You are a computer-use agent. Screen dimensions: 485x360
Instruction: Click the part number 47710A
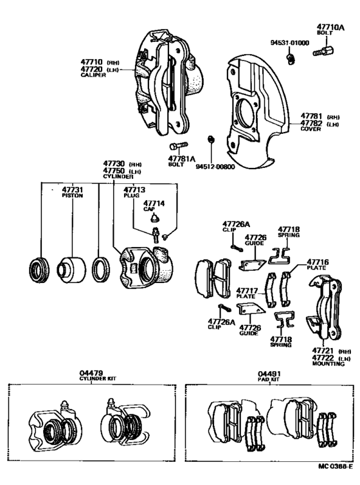pyautogui.click(x=330, y=28)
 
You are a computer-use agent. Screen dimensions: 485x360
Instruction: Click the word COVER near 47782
pyautogui.click(x=310, y=129)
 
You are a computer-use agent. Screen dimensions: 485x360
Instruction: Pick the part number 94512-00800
pyautogui.click(x=217, y=165)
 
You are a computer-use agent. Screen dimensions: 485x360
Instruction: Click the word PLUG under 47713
pyautogui.click(x=131, y=195)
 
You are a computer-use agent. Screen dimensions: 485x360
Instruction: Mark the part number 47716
pyautogui.click(x=318, y=262)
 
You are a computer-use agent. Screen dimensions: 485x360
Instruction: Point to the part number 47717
pyautogui.click(x=246, y=289)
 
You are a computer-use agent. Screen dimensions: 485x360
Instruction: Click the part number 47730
pyautogui.click(x=115, y=163)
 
